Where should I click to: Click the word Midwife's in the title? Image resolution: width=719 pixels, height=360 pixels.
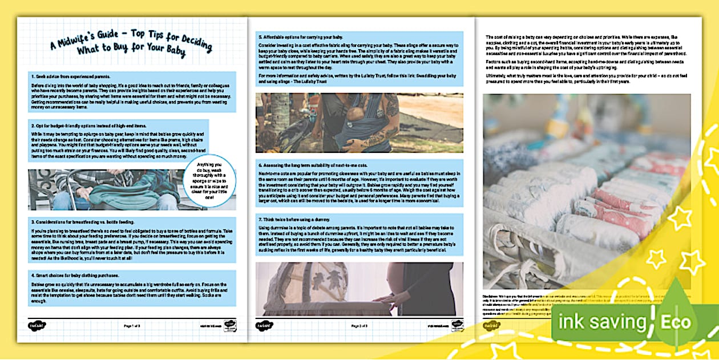pyautogui.click(x=80, y=46)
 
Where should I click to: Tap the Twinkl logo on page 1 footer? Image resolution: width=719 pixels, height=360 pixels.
pyautogui.click(x=36, y=326)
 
